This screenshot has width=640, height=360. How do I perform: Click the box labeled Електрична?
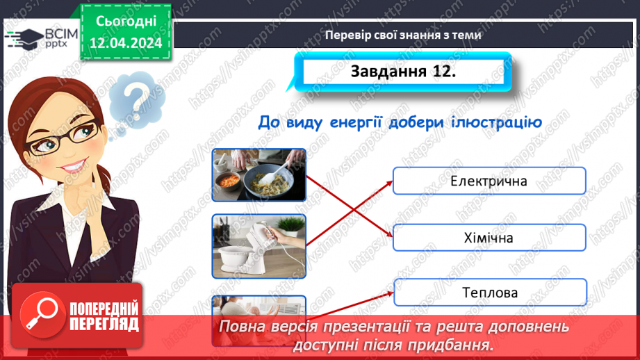pos(489,181)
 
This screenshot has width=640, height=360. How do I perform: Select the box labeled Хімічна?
pos(489,238)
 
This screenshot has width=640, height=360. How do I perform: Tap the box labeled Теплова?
pos(489,293)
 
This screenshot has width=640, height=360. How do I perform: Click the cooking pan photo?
pos(259,174)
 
